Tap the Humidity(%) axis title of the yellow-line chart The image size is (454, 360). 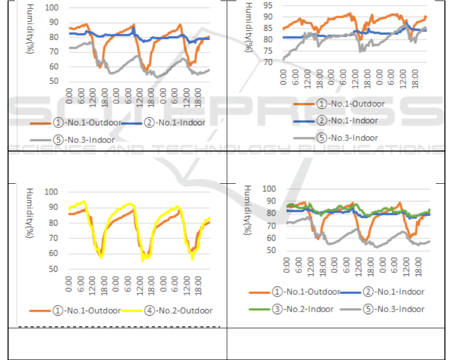click(31, 211)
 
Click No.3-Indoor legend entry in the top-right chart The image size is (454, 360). click(348, 137)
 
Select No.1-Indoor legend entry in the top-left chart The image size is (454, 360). click(174, 123)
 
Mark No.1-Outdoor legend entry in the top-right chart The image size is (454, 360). click(348, 104)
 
